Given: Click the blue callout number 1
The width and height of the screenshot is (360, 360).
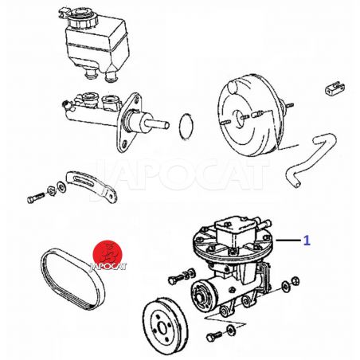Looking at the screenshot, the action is (307, 241).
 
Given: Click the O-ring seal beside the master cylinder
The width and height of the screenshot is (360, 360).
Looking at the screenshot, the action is (186, 127).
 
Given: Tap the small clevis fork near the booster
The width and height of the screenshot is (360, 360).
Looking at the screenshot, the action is (335, 88).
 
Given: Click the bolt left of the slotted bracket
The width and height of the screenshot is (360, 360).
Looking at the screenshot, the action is (35, 198).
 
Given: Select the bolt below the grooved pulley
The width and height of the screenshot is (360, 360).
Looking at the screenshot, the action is (214, 337).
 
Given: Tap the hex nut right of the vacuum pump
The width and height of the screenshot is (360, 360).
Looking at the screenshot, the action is (295, 281).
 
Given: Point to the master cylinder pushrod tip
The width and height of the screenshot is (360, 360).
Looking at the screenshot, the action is (166, 124).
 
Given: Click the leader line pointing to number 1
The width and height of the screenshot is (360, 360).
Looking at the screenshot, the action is (288, 240).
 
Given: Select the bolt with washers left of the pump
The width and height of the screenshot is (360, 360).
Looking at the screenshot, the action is (182, 276).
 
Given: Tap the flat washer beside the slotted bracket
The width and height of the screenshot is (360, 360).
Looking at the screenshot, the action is (62, 187).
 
